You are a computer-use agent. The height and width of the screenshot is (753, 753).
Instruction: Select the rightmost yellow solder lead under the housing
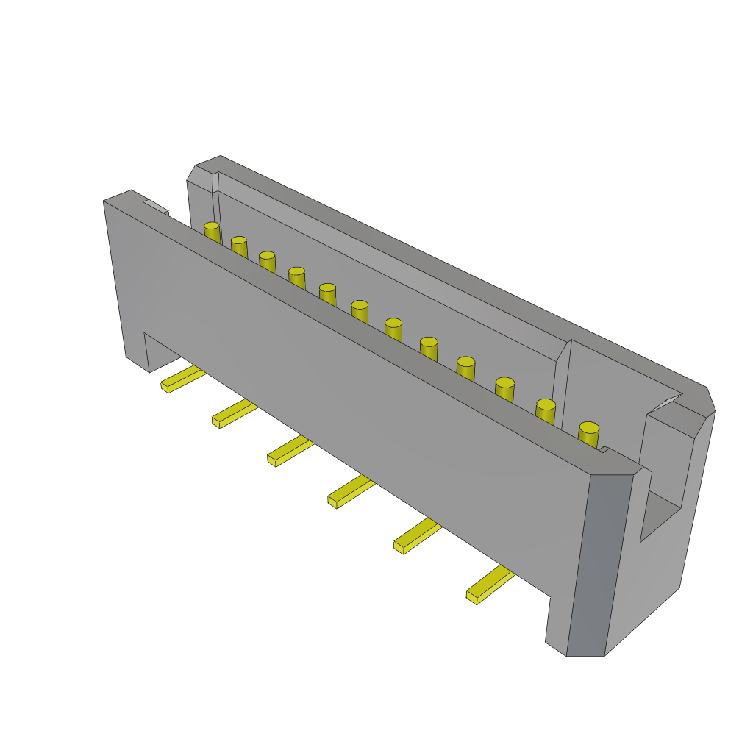tap(490, 585)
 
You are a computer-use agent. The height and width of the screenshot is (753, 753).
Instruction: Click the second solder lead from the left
tap(235, 413)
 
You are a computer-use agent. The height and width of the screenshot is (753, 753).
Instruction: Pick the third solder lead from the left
tap(290, 450)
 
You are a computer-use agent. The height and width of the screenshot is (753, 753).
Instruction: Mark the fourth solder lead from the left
tap(351, 491)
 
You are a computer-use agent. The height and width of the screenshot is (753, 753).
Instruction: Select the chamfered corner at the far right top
tap(710, 401)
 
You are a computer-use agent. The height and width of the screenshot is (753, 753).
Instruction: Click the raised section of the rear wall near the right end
tap(621, 375)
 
